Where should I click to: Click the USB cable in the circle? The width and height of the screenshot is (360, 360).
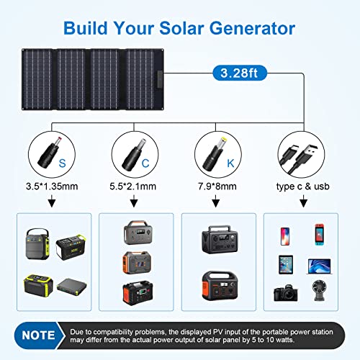point(302,151)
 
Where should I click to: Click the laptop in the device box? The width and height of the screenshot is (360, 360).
point(318,265)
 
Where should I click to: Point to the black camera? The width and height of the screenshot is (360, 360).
point(283,293)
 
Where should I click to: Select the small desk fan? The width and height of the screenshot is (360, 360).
point(318,293)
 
